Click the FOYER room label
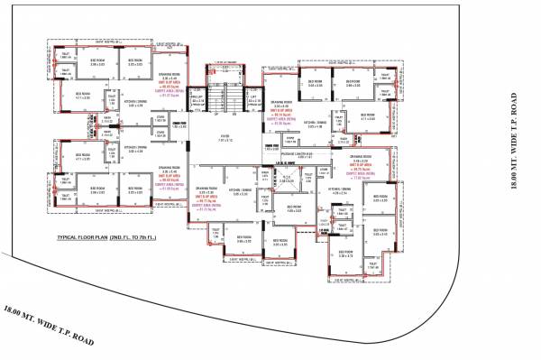coord(225,139)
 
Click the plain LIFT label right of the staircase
coord(255,97)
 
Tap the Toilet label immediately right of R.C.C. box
coord(307,177)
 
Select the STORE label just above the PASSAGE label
coord(268,141)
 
